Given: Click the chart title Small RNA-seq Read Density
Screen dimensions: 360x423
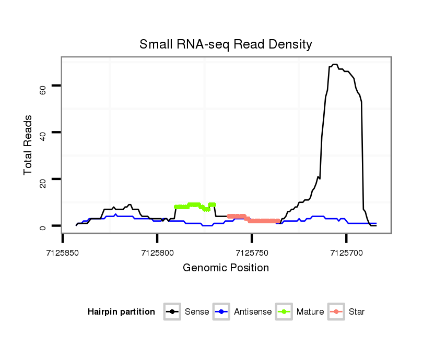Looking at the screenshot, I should (226, 44).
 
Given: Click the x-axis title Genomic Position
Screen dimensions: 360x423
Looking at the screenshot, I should (226, 268).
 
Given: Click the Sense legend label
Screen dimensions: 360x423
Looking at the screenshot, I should (197, 312).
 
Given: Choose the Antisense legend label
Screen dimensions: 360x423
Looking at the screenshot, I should (253, 312).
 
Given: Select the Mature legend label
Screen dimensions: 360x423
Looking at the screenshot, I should (310, 312).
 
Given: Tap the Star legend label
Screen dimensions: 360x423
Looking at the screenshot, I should (357, 312).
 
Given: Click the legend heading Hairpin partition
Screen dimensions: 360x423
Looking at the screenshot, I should (121, 312).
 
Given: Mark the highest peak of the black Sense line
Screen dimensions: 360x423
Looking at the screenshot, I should (335, 65).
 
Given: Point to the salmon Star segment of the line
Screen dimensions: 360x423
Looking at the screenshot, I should (256, 220).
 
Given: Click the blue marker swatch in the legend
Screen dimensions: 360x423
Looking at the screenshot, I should (221, 312).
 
